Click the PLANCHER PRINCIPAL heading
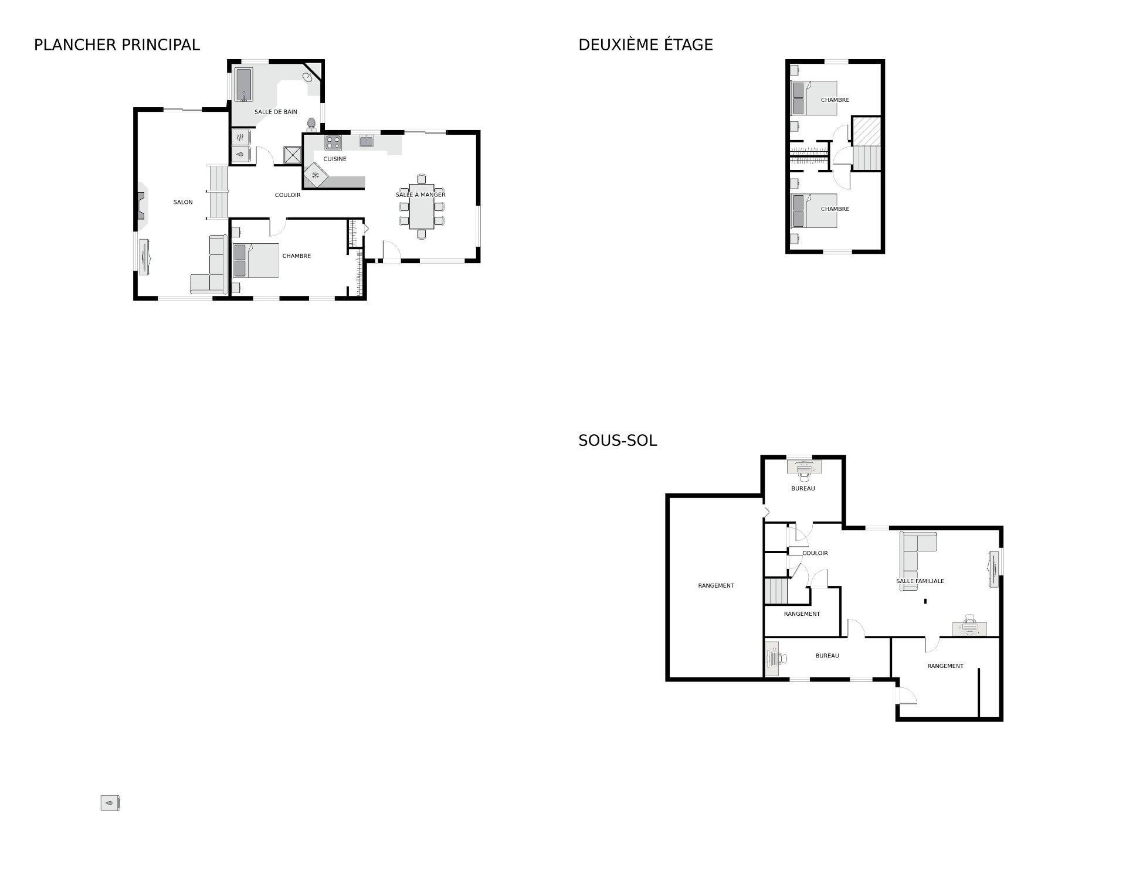pos(117,45)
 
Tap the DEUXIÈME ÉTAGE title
pos(645,45)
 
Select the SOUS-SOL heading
pos(618,440)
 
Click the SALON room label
pos(183,202)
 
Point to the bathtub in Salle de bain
pos(244,85)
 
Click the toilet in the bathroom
pos(312,124)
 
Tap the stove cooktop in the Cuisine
pos(334,142)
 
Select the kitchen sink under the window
pos(367,141)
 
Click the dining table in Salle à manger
pos(422,207)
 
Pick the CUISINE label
pos(335,159)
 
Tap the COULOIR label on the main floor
pos(287,195)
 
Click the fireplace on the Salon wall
pos(141,206)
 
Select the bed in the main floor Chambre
pos(256,260)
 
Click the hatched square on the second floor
pos(866,132)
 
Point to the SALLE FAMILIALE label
pos(920,581)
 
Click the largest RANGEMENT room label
pos(716,586)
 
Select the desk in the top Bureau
pos(804,468)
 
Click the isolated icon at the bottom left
pos(110,803)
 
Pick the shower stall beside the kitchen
pos(292,155)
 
